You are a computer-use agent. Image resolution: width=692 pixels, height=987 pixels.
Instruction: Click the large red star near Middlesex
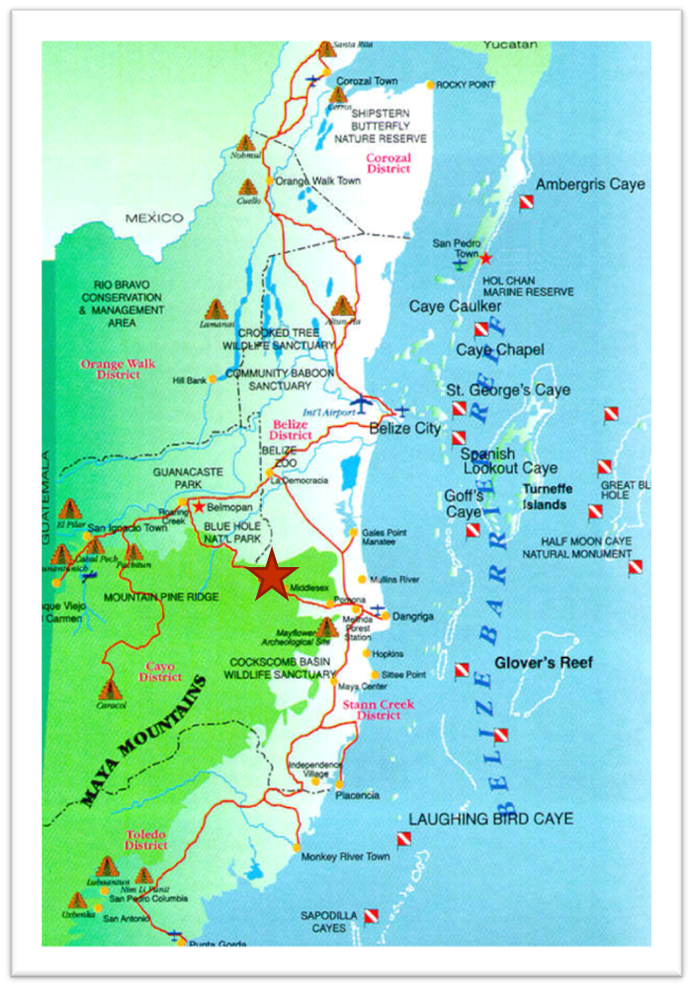coord(271,577)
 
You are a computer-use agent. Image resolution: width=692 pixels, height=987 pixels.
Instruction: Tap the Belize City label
coord(404,429)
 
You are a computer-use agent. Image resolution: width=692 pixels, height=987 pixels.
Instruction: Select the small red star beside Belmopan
coord(201,506)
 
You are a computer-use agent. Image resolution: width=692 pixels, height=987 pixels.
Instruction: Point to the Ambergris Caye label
coord(589,185)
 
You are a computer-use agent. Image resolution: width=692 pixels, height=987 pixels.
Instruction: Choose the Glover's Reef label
coord(544,663)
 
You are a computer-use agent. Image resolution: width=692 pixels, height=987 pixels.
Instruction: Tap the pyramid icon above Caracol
coord(111,688)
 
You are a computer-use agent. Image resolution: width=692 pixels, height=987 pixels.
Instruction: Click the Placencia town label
coord(357,795)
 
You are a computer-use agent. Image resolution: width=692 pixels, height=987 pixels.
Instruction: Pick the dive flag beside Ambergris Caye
coord(527,203)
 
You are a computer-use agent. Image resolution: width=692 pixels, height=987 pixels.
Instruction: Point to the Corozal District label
coord(389,163)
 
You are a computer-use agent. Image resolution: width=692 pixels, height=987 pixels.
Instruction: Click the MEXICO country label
coord(153,217)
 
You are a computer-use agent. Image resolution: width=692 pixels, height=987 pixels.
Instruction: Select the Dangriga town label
coord(412,616)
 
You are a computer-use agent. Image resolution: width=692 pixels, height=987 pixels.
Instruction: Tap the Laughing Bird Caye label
coord(490,819)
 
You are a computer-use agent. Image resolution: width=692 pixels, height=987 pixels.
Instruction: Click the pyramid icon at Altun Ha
coord(343,305)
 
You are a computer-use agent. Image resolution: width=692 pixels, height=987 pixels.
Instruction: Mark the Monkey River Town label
coord(346,857)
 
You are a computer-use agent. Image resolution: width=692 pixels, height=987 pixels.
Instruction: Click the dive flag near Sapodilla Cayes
coord(372,917)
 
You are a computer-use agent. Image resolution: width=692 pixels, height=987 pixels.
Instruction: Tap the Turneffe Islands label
coord(545,497)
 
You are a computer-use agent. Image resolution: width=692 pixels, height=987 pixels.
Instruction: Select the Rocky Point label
coord(465,85)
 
